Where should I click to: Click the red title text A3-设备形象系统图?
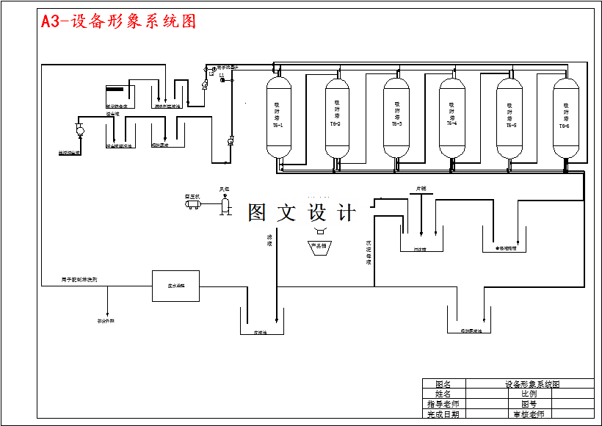[x=118, y=21]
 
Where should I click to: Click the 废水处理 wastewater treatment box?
[x=175, y=286]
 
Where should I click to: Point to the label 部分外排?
[x=106, y=321]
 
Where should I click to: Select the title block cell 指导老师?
[x=443, y=403]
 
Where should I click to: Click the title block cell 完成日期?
[x=443, y=414]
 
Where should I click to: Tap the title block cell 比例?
[x=529, y=393]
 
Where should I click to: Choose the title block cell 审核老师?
[x=529, y=414]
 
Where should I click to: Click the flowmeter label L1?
[x=222, y=75]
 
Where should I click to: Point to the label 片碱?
[x=421, y=189]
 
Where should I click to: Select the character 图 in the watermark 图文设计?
[x=257, y=213]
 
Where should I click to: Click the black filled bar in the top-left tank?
[x=117, y=90]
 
